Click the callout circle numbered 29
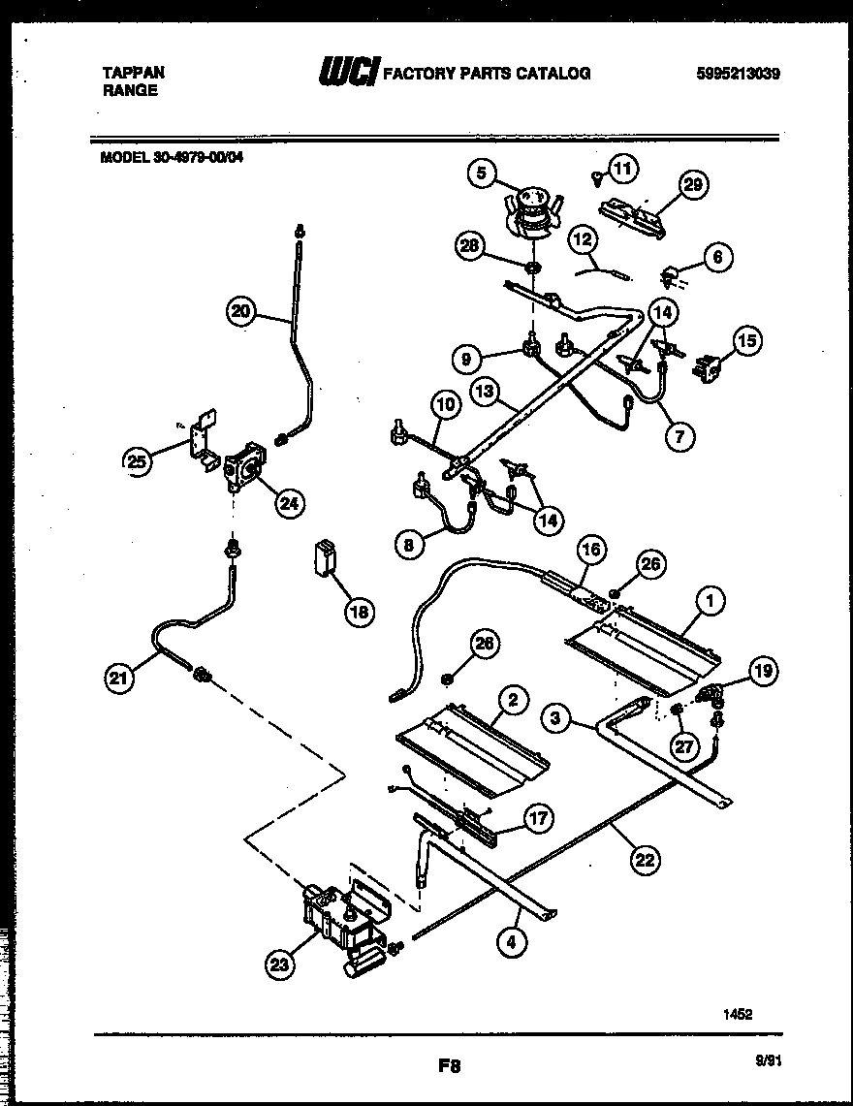pyautogui.click(x=693, y=185)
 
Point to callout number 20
pyautogui.click(x=242, y=311)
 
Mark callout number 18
pyautogui.click(x=359, y=612)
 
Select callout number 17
pyautogui.click(x=539, y=819)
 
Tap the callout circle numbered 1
pyautogui.click(x=710, y=602)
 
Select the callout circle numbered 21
pyautogui.click(x=120, y=679)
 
